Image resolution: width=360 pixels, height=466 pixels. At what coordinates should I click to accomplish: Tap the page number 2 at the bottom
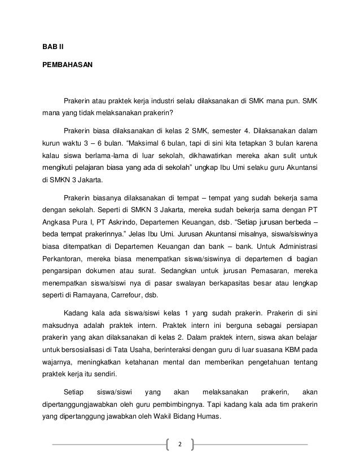click(x=180, y=443)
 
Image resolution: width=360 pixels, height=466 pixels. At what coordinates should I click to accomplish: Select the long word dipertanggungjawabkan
click(x=81, y=406)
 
